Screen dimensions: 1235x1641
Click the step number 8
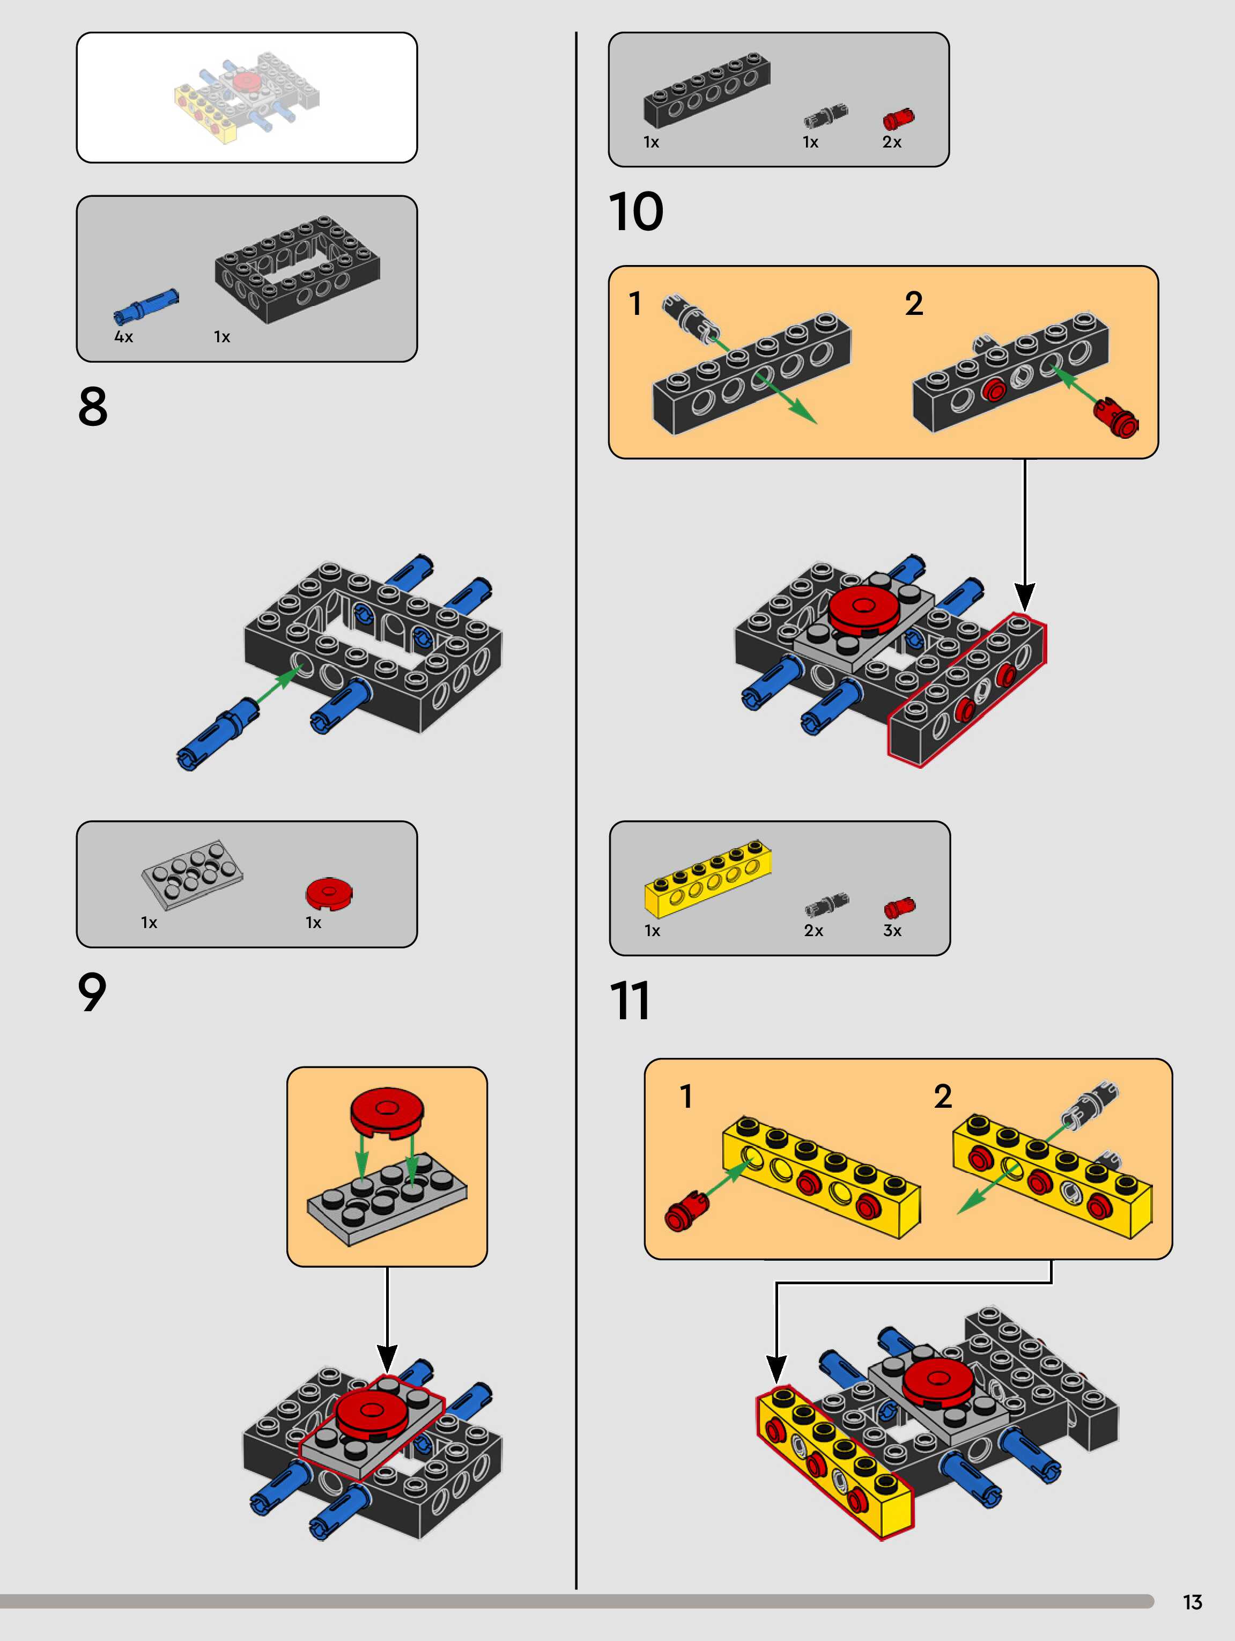point(93,407)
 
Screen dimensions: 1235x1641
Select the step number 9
point(92,992)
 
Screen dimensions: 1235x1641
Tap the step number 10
point(635,211)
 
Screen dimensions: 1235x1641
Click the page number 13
point(1193,1602)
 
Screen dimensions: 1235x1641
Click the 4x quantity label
point(123,337)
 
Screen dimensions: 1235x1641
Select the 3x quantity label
point(892,930)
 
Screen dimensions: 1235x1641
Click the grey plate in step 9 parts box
point(192,874)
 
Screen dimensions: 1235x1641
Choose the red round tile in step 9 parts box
point(329,893)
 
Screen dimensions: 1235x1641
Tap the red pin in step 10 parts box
point(898,119)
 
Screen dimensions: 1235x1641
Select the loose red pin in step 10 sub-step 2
point(1116,418)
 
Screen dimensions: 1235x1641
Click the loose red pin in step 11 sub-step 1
point(687,1211)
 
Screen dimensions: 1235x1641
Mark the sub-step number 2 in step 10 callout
point(914,304)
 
